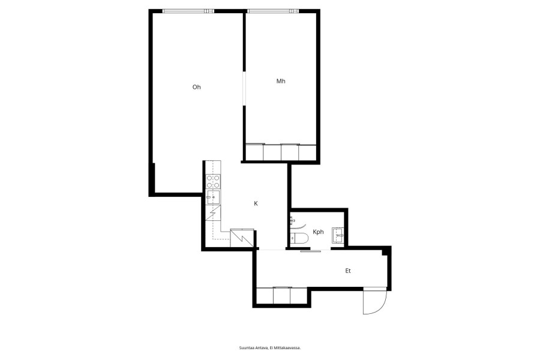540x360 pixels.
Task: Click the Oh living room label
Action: click(196, 87)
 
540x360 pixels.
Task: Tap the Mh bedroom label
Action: click(281, 82)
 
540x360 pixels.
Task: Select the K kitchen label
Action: click(256, 203)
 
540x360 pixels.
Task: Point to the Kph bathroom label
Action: click(318, 232)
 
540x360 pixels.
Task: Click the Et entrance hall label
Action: click(348, 271)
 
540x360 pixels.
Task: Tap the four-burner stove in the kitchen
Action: click(213, 182)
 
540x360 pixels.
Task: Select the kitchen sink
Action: click(213, 197)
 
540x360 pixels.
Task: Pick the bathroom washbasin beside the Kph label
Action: click(338, 236)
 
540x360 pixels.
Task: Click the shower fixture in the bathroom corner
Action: click(293, 220)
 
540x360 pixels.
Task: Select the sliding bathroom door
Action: click(311, 251)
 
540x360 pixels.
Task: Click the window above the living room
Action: click(188, 11)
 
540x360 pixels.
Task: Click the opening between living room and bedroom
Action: click(244, 89)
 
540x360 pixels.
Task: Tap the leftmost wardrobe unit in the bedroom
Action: click(254, 152)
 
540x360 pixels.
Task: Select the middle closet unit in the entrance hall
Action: click(282, 296)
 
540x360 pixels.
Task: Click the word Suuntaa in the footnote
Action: click(246, 348)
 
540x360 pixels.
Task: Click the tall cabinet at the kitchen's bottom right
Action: click(242, 238)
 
